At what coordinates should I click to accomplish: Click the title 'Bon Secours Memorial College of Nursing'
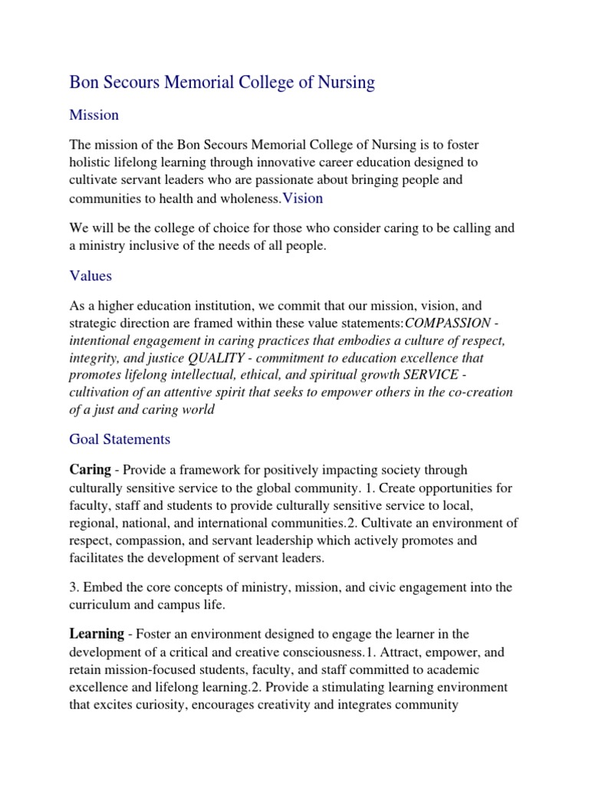222,83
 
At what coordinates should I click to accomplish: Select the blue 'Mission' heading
94,115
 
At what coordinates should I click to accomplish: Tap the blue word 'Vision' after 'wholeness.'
302,199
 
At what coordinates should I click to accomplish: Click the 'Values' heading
90,275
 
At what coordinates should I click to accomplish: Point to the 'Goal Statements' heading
120,439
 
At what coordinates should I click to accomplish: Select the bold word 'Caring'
90,469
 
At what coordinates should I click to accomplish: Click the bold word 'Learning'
97,633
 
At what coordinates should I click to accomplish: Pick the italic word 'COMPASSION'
447,323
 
